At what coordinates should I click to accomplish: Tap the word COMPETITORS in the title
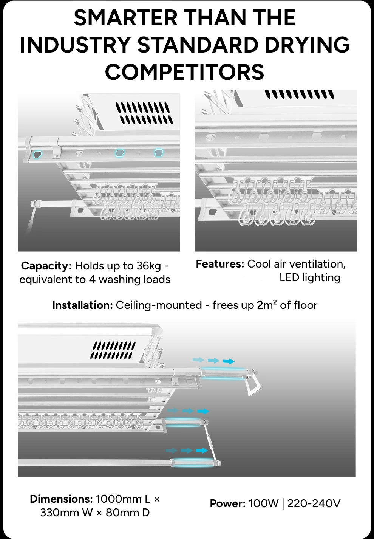pyautogui.click(x=184, y=72)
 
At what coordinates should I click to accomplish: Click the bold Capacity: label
pyautogui.click(x=46, y=266)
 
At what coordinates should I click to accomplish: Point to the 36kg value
pyautogui.click(x=148, y=266)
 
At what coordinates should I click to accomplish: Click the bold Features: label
pyautogui.click(x=220, y=264)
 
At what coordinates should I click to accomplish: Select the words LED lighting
pyautogui.click(x=309, y=277)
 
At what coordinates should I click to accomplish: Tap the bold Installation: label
pyautogui.click(x=82, y=305)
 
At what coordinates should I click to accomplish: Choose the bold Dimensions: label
pyautogui.click(x=61, y=499)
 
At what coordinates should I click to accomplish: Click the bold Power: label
pyautogui.click(x=227, y=503)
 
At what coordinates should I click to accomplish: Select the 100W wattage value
pyautogui.click(x=263, y=503)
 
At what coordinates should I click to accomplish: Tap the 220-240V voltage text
pyautogui.click(x=314, y=503)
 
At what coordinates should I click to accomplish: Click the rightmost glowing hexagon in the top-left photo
pyautogui.click(x=159, y=153)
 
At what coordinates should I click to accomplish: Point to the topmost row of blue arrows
pyautogui.click(x=213, y=361)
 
